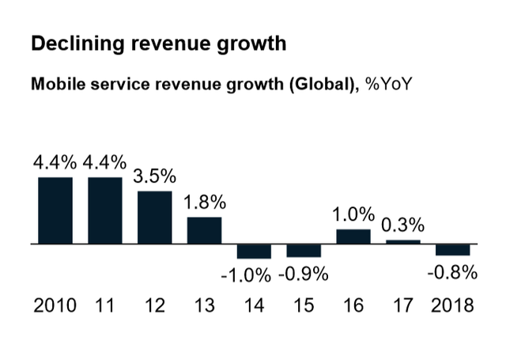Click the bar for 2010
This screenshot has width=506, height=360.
(55, 210)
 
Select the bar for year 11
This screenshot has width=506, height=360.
(105, 210)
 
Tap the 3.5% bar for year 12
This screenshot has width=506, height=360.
(155, 218)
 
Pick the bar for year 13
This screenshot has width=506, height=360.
(204, 230)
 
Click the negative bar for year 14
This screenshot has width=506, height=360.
(254, 252)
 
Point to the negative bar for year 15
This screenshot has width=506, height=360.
(304, 251)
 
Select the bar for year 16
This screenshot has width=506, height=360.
(353, 237)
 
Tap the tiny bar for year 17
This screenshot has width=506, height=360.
(403, 242)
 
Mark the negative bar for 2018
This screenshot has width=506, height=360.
(453, 250)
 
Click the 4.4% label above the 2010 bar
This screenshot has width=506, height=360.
(55, 163)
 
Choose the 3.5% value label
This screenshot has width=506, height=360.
(155, 176)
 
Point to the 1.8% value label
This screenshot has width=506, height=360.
(205, 203)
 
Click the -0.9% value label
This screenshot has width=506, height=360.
(304, 275)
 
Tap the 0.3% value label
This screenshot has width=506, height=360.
(403, 225)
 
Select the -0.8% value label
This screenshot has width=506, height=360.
(454, 273)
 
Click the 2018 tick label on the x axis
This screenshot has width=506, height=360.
(453, 305)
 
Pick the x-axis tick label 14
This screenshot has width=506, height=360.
(254, 305)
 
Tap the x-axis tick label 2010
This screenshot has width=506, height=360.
(55, 305)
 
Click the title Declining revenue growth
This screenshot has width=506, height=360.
(158, 44)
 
